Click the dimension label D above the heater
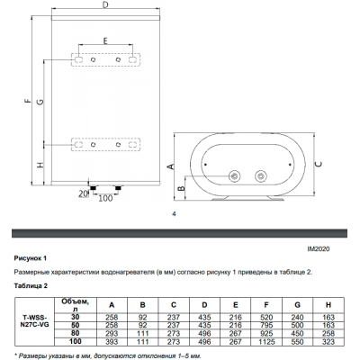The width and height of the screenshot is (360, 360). click(104, 6)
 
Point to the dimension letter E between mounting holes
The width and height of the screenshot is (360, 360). click(105, 40)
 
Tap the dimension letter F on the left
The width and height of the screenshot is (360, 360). click(28, 101)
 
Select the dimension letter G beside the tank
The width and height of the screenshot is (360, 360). click(40, 102)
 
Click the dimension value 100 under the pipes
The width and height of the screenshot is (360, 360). click(105, 198)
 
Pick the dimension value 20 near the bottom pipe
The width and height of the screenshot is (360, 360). click(83, 194)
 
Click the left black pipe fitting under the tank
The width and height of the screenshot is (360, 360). click(94, 188)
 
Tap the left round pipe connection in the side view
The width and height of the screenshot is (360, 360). click(234, 176)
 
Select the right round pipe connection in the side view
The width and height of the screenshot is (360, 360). click(261, 176)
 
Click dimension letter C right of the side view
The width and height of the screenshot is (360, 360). click(319, 164)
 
